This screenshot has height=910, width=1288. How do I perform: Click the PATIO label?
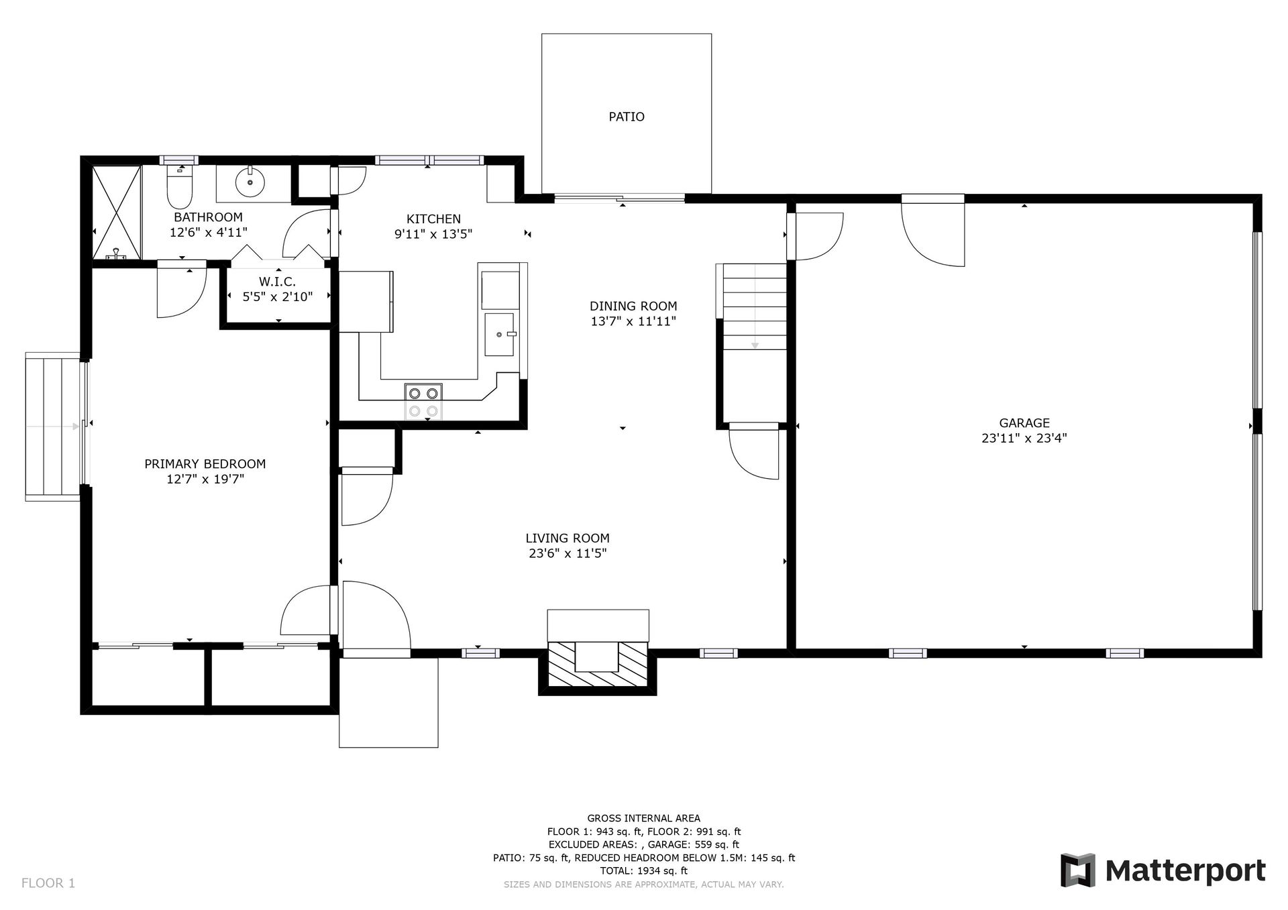click(x=627, y=117)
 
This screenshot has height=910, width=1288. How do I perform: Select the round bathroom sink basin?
click(x=250, y=181)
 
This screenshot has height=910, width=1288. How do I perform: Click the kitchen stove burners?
click(x=424, y=402)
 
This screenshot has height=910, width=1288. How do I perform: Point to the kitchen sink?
click(x=500, y=334)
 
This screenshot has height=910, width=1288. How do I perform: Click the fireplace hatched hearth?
click(x=598, y=664)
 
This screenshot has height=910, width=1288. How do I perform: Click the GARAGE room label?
click(x=1024, y=423)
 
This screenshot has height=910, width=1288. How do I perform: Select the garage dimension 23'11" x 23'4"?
click(x=1024, y=439)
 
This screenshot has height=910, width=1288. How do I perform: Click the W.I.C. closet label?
click(x=277, y=282)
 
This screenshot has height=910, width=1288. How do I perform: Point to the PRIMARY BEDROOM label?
click(x=205, y=464)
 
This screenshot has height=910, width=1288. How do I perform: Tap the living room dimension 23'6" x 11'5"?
click(x=568, y=553)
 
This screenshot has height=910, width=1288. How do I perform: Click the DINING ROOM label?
click(x=633, y=306)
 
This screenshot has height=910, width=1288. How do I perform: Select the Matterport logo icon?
click(x=1077, y=870)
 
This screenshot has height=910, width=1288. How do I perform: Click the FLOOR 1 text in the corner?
click(x=48, y=883)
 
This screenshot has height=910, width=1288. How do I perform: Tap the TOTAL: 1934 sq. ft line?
click(x=643, y=871)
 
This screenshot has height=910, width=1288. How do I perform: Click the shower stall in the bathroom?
click(x=117, y=213)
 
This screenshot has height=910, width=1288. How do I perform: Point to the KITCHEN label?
click(x=433, y=219)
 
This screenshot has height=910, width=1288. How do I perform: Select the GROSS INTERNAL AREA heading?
click(x=644, y=818)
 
